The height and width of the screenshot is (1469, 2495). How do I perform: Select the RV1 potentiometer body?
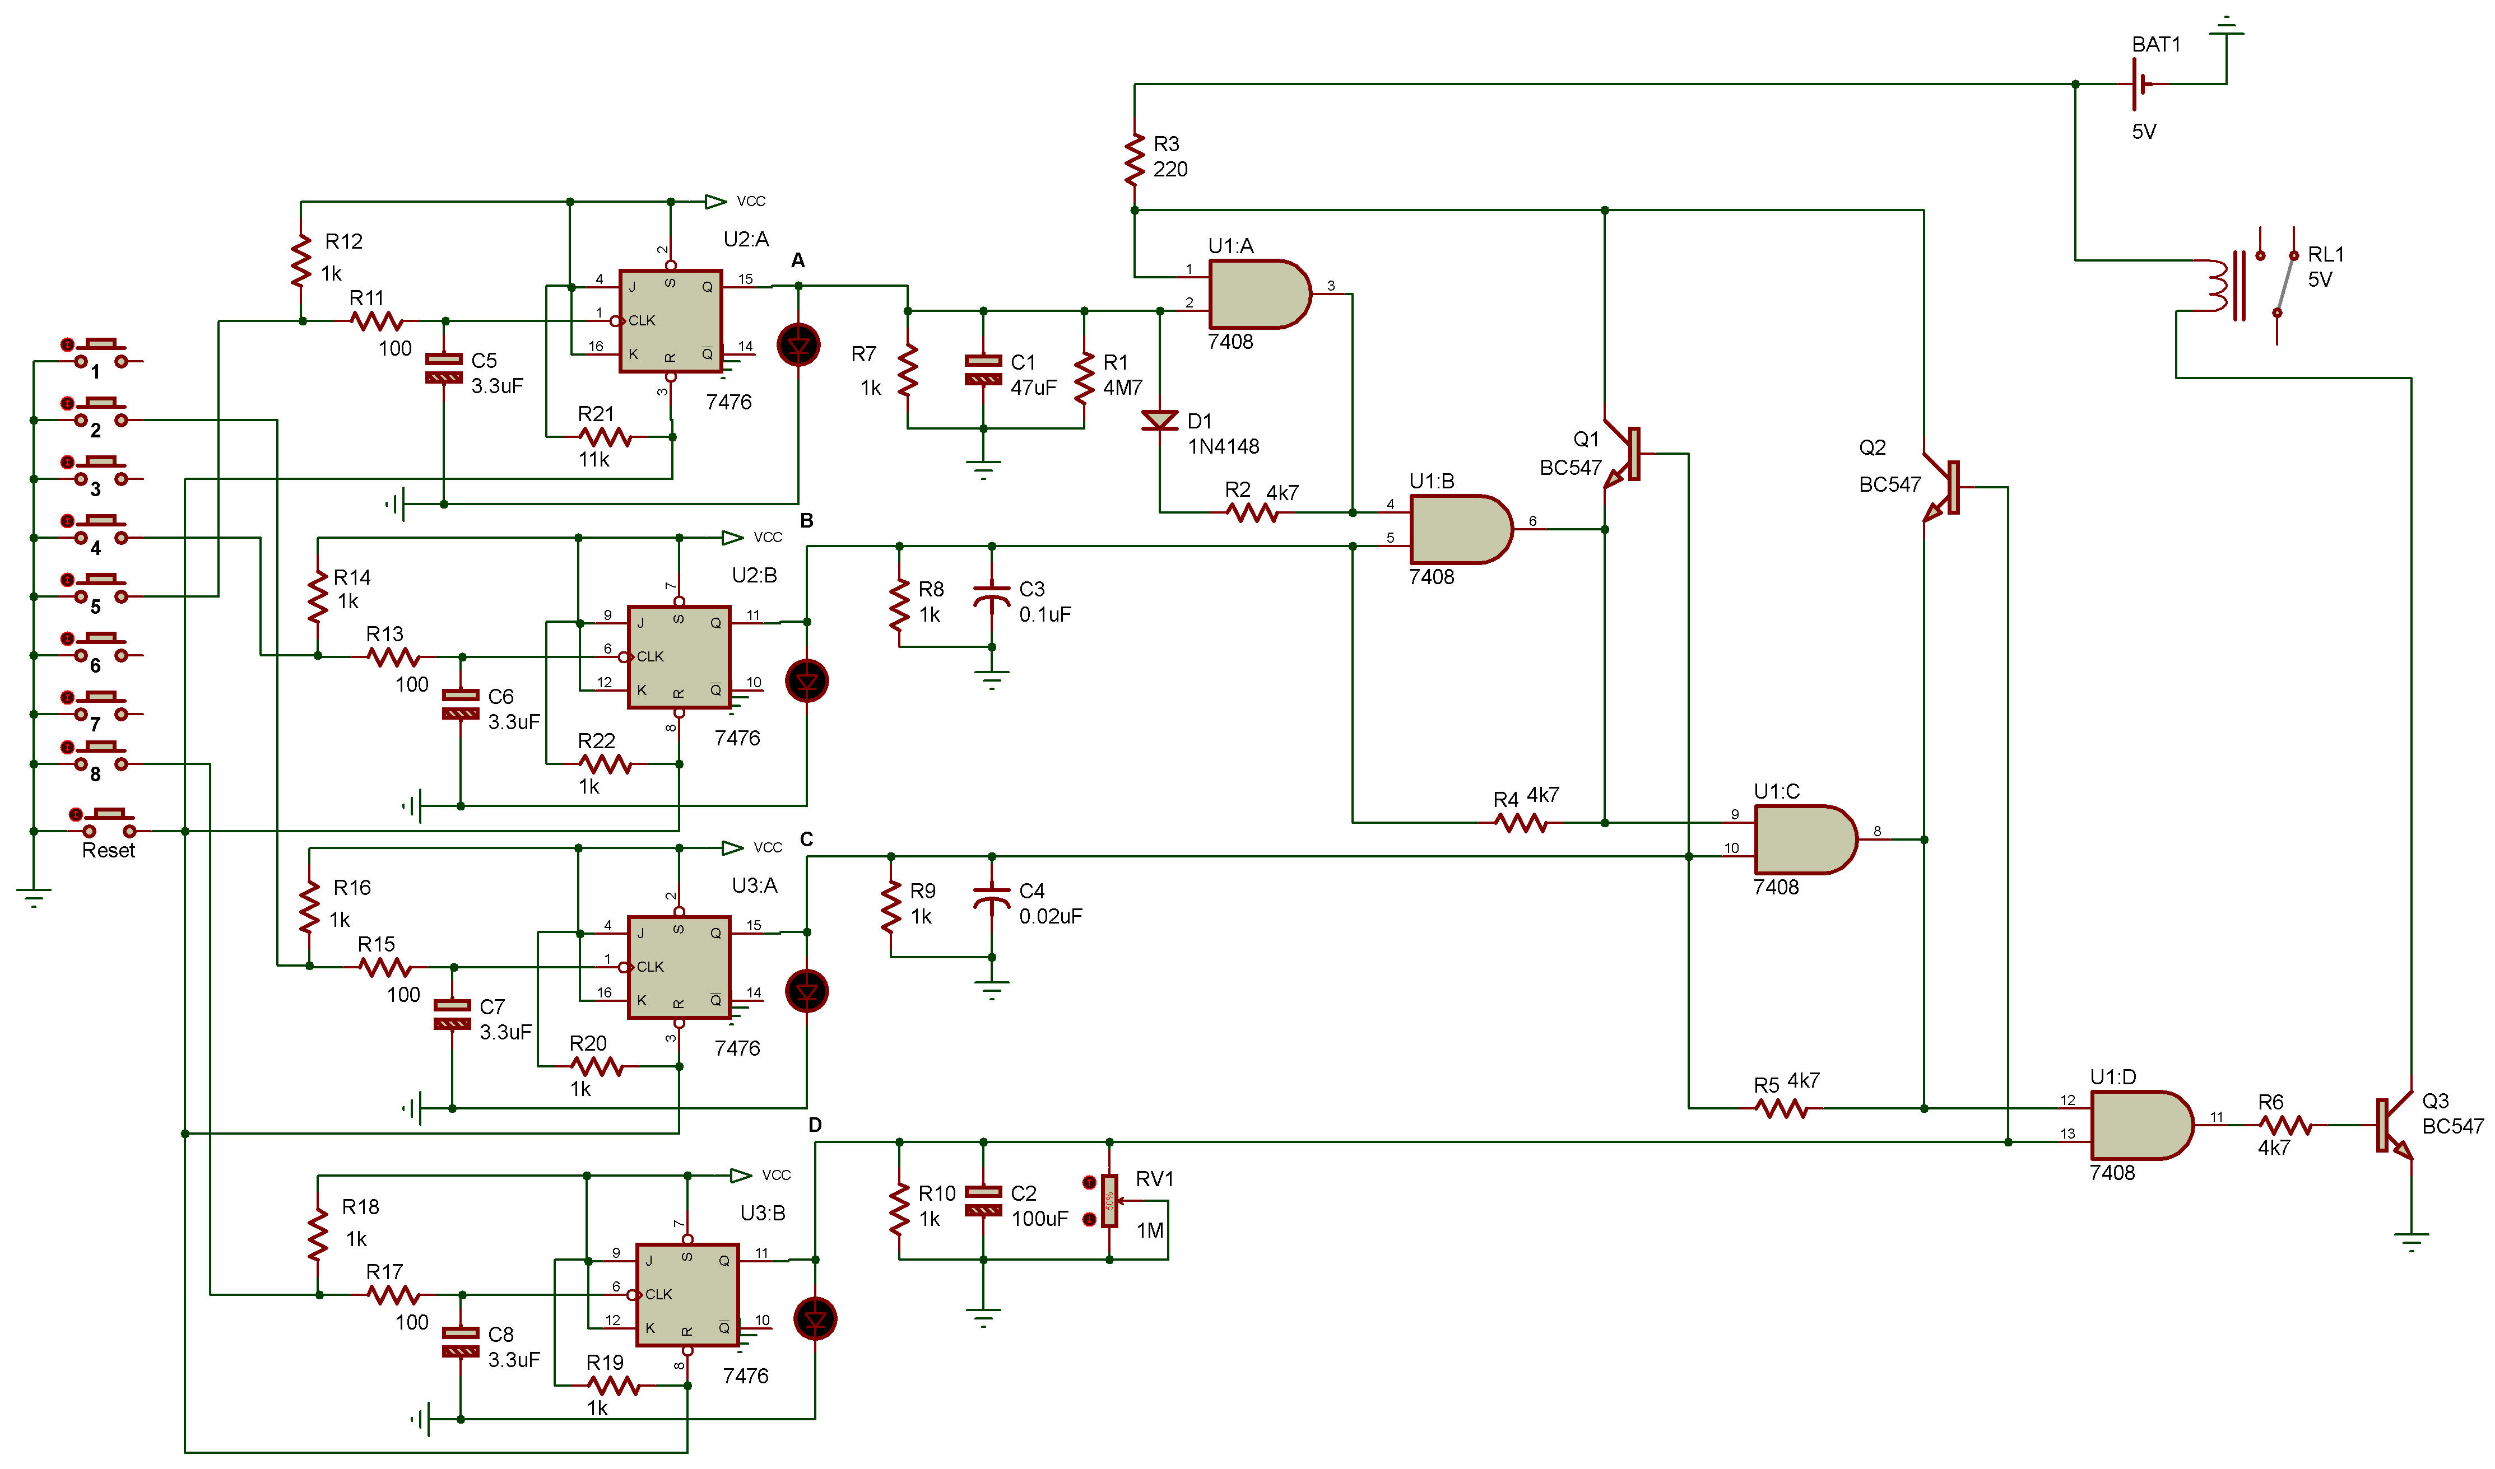coord(1110,1201)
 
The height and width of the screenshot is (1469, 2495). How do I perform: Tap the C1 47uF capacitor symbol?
coord(983,369)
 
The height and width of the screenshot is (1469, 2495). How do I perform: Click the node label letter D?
coord(815,1125)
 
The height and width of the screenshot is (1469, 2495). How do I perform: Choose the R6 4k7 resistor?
coord(2285,1126)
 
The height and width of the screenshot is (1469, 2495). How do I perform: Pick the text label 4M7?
coord(1123,388)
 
